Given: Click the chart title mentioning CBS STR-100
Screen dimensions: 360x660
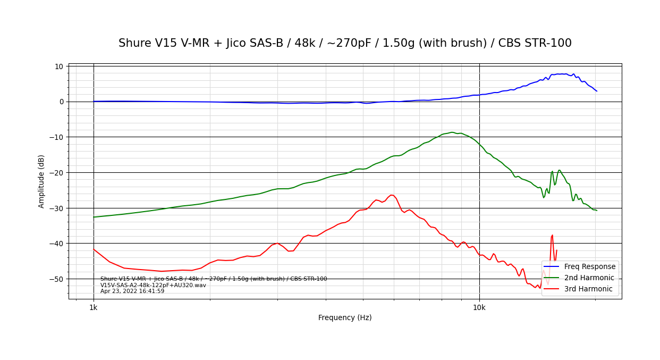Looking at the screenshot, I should (345, 44).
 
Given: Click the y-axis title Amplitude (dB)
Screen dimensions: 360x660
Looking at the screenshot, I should (41, 181).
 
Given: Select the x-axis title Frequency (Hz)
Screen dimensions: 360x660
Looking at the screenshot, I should (345, 318).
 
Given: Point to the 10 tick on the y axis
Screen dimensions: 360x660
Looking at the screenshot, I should (58, 66).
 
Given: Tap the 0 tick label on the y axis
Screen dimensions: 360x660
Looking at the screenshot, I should (61, 102).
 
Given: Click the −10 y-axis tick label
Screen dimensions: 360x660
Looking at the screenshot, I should (57, 137).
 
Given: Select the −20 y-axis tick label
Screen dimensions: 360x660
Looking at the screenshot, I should (57, 172).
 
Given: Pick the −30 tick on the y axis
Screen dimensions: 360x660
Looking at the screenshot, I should (57, 208).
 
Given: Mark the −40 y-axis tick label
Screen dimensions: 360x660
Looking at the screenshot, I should (57, 244).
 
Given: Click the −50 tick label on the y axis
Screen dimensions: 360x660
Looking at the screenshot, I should (57, 279).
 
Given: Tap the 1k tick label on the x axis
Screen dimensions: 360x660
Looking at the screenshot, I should (94, 307).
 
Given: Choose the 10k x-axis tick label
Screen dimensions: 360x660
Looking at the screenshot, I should (479, 307).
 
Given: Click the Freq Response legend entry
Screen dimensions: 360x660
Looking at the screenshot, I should (589, 267).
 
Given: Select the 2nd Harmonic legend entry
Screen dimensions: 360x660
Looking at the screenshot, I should (589, 278).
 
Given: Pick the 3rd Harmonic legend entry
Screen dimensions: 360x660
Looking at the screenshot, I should (588, 289).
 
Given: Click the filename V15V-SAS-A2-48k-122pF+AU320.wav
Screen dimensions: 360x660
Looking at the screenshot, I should (153, 286).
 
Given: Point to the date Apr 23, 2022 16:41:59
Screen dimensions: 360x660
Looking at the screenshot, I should (132, 291).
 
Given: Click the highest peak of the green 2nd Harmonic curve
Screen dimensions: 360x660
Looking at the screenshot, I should (452, 132).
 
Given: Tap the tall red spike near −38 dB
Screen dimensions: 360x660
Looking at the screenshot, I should (553, 235).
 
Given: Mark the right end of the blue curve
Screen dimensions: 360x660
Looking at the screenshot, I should (597, 91).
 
